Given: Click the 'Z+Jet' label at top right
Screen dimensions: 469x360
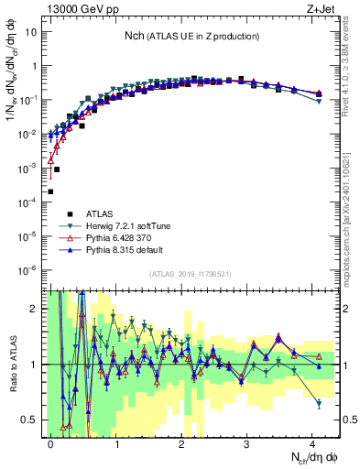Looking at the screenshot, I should [x=320, y=7].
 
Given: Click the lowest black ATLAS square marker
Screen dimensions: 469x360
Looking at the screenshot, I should [x=50, y=191].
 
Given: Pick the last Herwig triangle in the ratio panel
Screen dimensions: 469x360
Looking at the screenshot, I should [x=319, y=403].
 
